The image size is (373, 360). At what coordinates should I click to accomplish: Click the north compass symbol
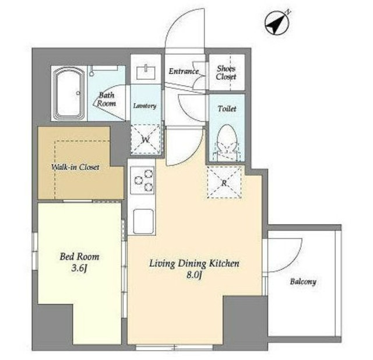click(x=277, y=23)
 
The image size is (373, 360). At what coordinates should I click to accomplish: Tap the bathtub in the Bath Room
click(x=69, y=93)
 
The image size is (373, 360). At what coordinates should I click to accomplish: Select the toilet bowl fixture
click(x=227, y=141)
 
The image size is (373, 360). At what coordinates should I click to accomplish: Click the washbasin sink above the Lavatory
click(x=146, y=72)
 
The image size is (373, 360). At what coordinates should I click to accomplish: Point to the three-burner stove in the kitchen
click(x=142, y=181)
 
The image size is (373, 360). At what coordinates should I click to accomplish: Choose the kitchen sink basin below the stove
click(x=143, y=221)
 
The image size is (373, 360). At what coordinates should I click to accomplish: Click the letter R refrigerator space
click(x=224, y=183)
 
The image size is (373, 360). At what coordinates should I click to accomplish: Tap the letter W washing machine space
click(x=145, y=140)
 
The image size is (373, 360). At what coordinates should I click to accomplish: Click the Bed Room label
click(x=79, y=256)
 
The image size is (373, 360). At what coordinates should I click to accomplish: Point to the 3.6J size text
click(x=79, y=269)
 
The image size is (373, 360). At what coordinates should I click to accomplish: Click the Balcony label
click(x=303, y=282)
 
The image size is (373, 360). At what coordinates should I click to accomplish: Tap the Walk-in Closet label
click(x=75, y=167)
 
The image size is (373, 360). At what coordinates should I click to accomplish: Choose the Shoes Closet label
click(x=226, y=72)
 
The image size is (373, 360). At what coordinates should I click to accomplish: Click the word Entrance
click(x=184, y=71)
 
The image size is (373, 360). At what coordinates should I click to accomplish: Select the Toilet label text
click(x=227, y=109)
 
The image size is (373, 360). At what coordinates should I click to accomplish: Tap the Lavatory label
click(x=145, y=106)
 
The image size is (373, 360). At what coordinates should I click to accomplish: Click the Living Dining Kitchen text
click(x=194, y=263)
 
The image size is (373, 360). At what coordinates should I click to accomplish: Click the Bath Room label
click(x=106, y=99)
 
